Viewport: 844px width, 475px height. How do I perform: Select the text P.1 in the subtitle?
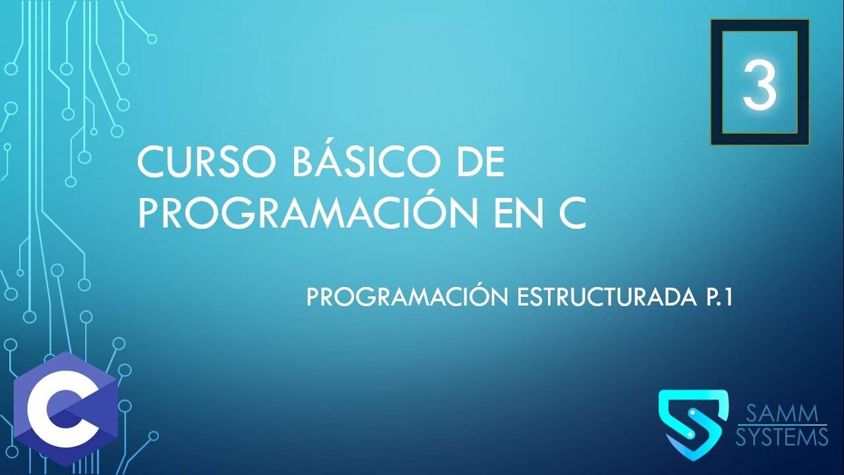pyautogui.click(x=715, y=298)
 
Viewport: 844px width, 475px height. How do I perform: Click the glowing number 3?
pyautogui.click(x=760, y=84)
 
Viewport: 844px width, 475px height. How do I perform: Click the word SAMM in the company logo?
pyautogui.click(x=782, y=414)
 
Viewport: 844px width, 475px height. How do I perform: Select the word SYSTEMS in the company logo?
pyautogui.click(x=782, y=437)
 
